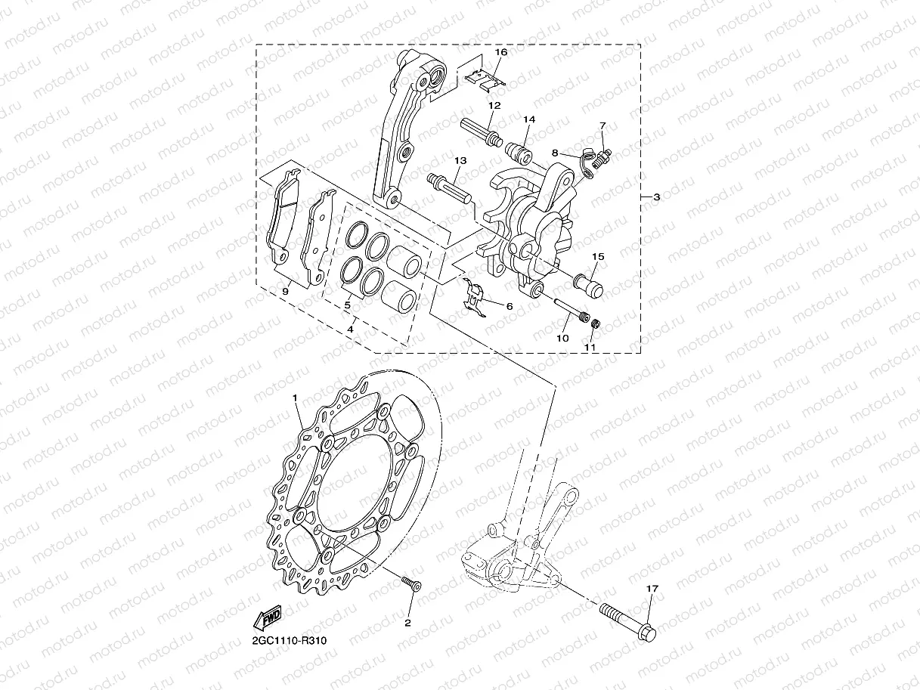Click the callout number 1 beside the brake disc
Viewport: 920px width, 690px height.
click(x=296, y=396)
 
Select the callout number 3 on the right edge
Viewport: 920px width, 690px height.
click(x=656, y=197)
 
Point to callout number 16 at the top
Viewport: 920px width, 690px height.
click(x=500, y=52)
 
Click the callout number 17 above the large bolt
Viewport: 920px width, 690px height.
click(x=652, y=588)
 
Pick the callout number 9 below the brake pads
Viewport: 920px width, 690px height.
click(x=286, y=291)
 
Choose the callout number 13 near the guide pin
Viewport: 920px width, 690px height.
click(x=460, y=161)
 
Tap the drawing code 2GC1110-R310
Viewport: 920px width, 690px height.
click(x=289, y=641)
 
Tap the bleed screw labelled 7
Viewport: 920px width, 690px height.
click(x=603, y=157)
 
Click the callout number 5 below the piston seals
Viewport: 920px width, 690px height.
click(x=347, y=306)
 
